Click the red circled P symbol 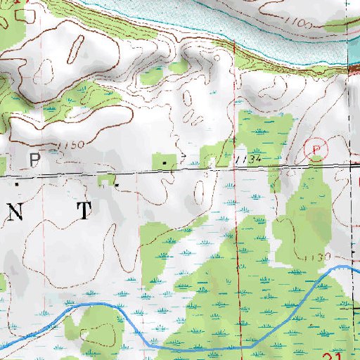[316, 149]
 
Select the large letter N [16, 213]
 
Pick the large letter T [84, 210]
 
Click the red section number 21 [338, 355]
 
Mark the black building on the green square [165, 162]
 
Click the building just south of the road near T [117, 185]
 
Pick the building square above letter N [18, 183]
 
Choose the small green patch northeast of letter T [105, 181]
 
